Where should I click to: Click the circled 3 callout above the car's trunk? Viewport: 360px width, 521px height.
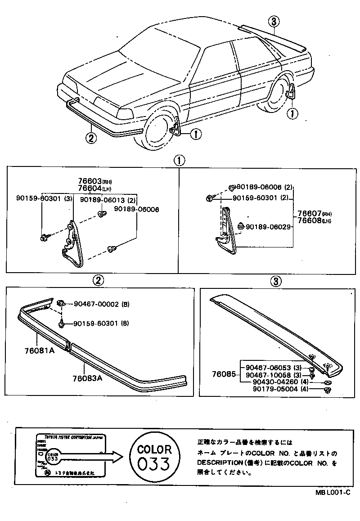click(274, 21)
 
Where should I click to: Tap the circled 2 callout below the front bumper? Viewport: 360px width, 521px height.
click(91, 138)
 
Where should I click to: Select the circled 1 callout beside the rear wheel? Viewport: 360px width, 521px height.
click(292, 114)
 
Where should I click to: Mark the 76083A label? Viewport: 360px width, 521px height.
click(87, 378)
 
